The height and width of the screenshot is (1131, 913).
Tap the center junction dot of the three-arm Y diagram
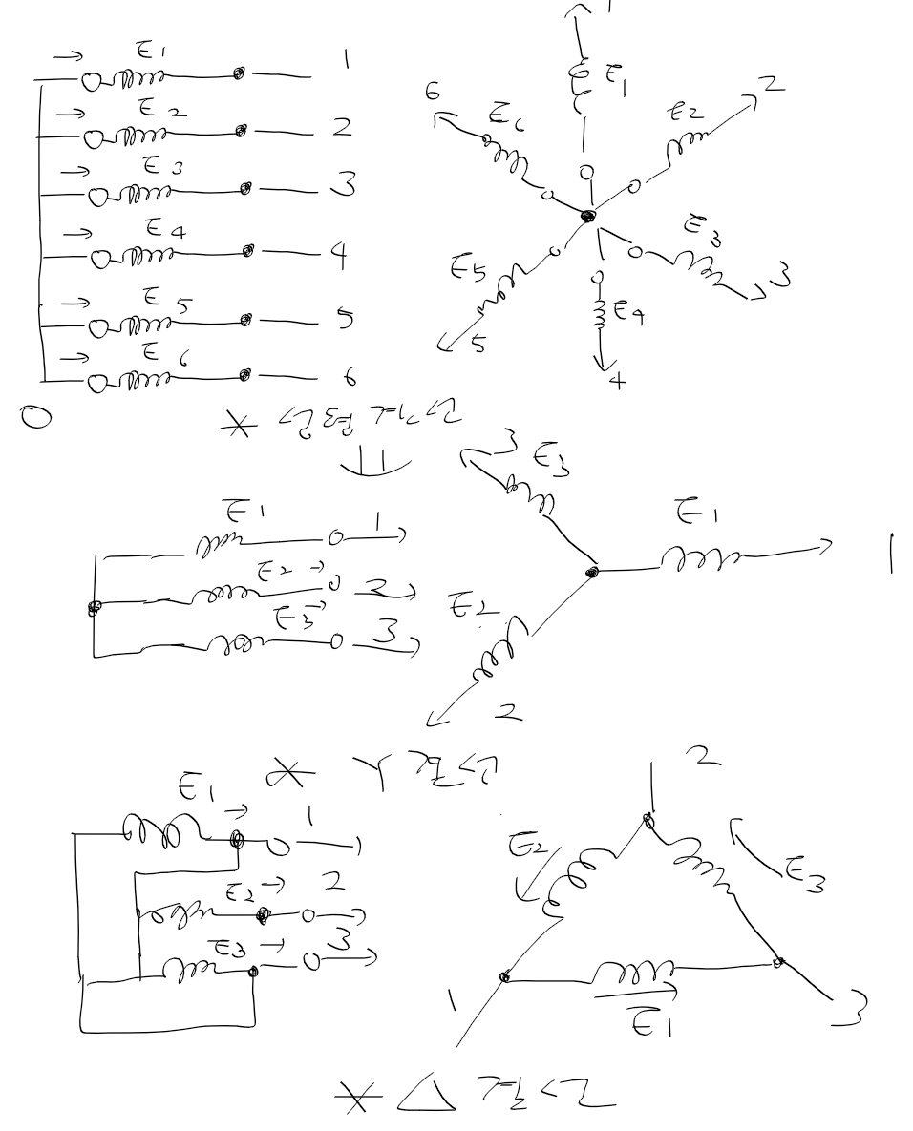[592, 572]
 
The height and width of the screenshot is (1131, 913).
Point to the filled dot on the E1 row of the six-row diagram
[240, 73]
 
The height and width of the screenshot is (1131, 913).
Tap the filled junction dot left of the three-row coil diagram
[93, 607]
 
